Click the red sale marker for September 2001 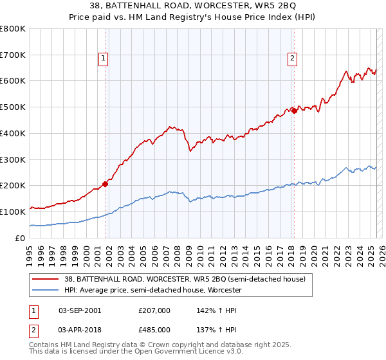click(x=105, y=183)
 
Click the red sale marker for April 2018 click(x=293, y=111)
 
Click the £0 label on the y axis click(x=21, y=238)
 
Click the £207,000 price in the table click(x=154, y=310)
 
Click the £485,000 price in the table click(x=154, y=329)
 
